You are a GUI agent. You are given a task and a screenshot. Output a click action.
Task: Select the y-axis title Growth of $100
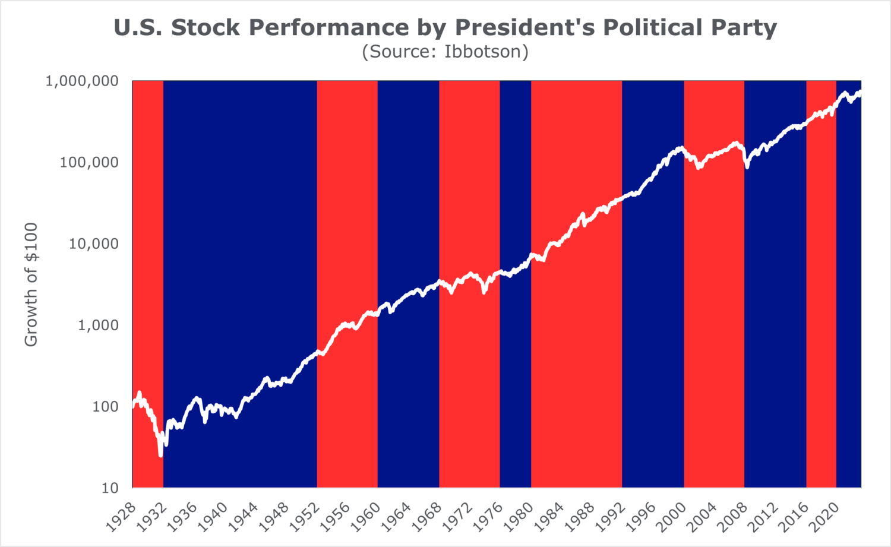[x=31, y=284]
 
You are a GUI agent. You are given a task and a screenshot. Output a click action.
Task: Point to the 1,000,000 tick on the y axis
[x=82, y=81]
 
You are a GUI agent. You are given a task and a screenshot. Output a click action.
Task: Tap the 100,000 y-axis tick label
[x=89, y=162]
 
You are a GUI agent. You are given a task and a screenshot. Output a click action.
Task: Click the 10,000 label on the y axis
[x=93, y=244]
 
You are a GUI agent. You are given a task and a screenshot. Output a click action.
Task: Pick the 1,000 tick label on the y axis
[x=98, y=325]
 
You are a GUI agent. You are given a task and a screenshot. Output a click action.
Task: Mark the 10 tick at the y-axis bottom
[x=110, y=488]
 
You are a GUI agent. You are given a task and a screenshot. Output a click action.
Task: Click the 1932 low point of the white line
[x=160, y=455]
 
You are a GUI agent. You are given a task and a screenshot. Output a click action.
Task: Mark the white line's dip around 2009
[x=747, y=167]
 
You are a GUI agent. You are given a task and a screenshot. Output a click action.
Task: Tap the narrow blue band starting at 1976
[x=515, y=356]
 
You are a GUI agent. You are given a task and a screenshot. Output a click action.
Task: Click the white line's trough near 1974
[x=484, y=292]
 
